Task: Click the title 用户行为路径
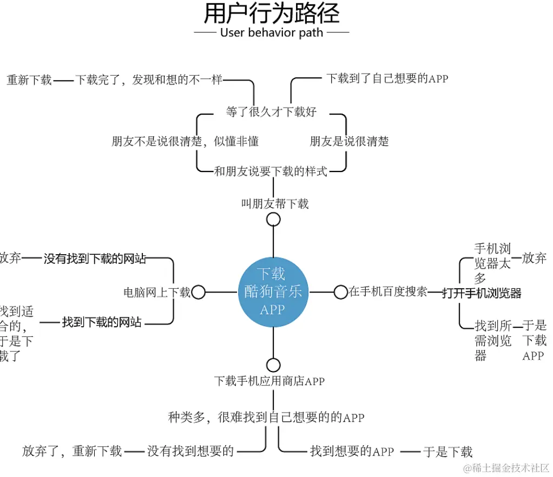point(271,13)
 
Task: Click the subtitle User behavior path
point(271,32)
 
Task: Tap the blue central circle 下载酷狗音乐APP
point(273,293)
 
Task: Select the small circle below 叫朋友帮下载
point(273,219)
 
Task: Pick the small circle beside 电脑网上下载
point(199,293)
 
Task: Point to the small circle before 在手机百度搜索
point(340,292)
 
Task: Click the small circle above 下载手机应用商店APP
point(273,365)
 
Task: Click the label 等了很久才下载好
point(271,112)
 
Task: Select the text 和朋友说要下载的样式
point(271,172)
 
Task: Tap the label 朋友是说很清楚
point(349,142)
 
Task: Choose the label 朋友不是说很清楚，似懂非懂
point(185,142)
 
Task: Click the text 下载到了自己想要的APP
point(387,78)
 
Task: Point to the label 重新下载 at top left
point(29,80)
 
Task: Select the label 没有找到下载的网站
point(95,259)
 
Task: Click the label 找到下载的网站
point(102,322)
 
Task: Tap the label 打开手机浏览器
point(482,293)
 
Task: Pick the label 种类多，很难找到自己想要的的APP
point(266,418)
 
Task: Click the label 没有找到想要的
point(190,451)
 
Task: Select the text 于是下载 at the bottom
point(447,452)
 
